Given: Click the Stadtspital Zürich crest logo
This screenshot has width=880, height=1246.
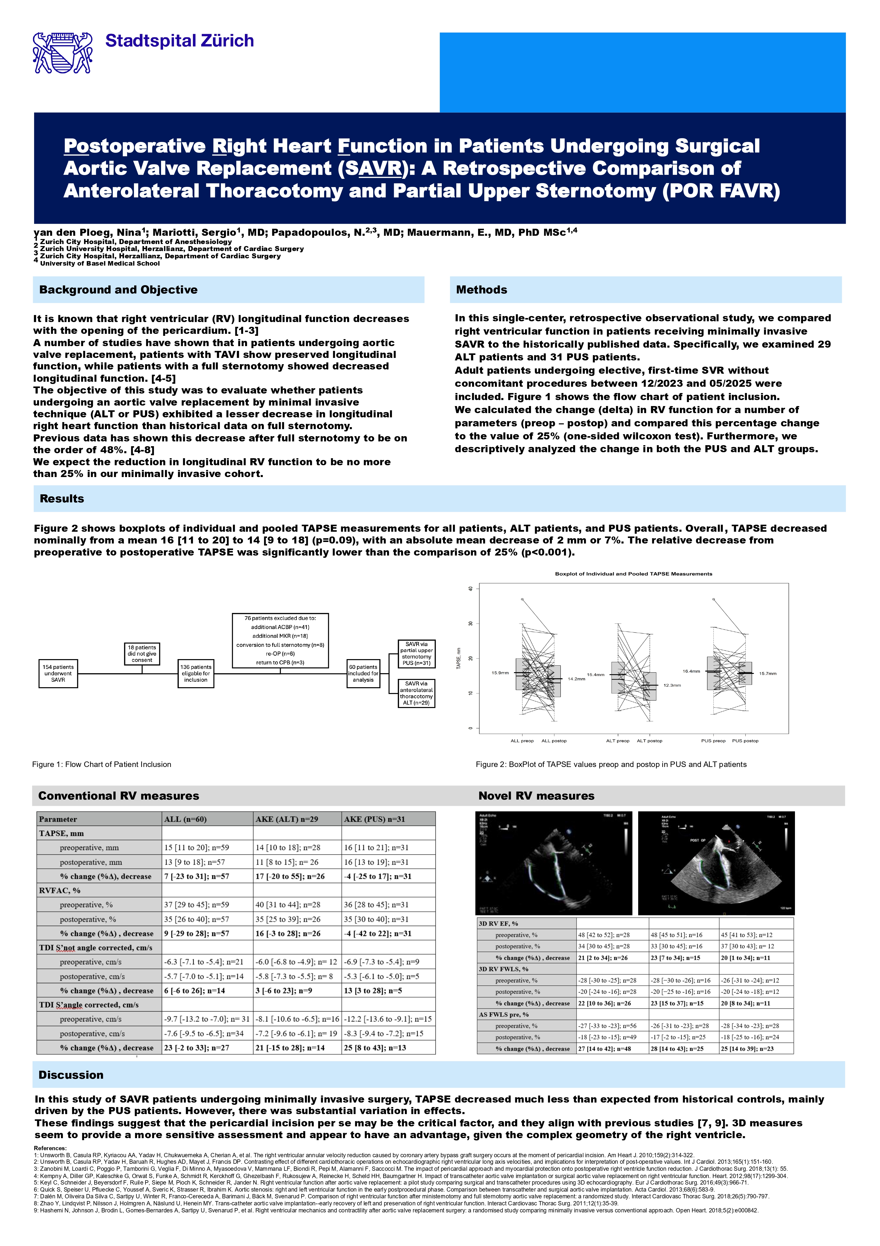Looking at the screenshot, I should coord(62,53).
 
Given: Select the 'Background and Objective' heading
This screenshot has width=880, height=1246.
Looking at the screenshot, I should coord(118,290).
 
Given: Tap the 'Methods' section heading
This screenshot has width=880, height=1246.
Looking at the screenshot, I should coord(482,290).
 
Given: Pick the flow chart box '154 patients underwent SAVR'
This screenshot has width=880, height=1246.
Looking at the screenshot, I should coord(58,673).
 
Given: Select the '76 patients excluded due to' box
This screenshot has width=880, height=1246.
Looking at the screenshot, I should coord(280,640).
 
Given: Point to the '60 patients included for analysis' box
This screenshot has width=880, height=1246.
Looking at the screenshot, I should coord(363,673).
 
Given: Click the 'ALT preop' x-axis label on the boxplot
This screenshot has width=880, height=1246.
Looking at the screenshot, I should coord(618,741).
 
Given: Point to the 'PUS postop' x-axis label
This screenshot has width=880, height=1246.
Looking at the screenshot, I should coord(745,741).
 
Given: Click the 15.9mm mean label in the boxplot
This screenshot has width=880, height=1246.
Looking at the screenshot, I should coord(500,673).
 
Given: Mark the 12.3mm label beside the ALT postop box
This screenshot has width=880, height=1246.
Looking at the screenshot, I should coord(672,685).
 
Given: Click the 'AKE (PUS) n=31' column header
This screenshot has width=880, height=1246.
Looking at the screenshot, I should coord(375,819).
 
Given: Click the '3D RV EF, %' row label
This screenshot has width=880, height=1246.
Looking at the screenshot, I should coord(498,923).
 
